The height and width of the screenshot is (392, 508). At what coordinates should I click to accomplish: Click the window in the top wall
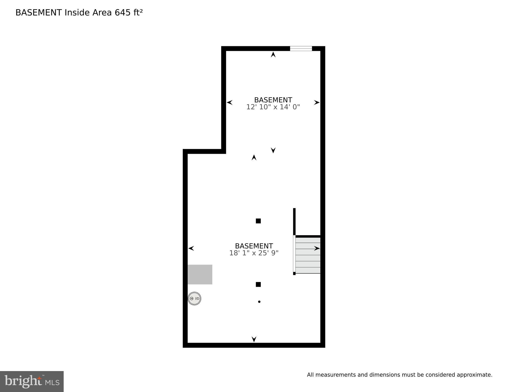(301, 49)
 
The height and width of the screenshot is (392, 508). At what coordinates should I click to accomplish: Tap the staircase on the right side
(308, 255)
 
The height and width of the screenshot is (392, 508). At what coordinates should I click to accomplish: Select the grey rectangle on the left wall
(200, 274)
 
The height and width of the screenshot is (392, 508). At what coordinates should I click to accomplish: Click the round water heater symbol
(194, 298)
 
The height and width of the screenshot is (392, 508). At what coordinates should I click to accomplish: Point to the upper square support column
(258, 221)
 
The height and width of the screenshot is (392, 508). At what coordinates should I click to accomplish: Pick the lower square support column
(258, 284)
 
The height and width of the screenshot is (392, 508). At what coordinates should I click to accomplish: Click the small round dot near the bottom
(259, 302)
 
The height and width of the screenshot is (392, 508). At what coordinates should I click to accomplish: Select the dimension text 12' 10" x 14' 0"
(273, 107)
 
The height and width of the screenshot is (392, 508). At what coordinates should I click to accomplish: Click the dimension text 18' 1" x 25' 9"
(254, 253)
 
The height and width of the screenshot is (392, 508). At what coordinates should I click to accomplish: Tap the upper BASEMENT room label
(273, 100)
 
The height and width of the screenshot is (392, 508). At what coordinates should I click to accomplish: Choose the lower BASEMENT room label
(254, 246)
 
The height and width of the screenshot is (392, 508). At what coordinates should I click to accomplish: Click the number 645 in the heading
(123, 13)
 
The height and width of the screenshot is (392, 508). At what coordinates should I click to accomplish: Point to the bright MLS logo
(32, 381)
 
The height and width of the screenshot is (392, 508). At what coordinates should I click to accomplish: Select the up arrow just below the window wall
(273, 54)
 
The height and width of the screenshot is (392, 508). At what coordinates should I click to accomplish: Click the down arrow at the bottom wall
(254, 339)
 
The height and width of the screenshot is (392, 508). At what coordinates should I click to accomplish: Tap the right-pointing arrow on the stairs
(317, 248)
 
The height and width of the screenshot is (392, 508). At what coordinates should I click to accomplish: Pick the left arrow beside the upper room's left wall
(230, 102)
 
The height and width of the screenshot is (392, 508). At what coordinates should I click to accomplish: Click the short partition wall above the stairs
(294, 221)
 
